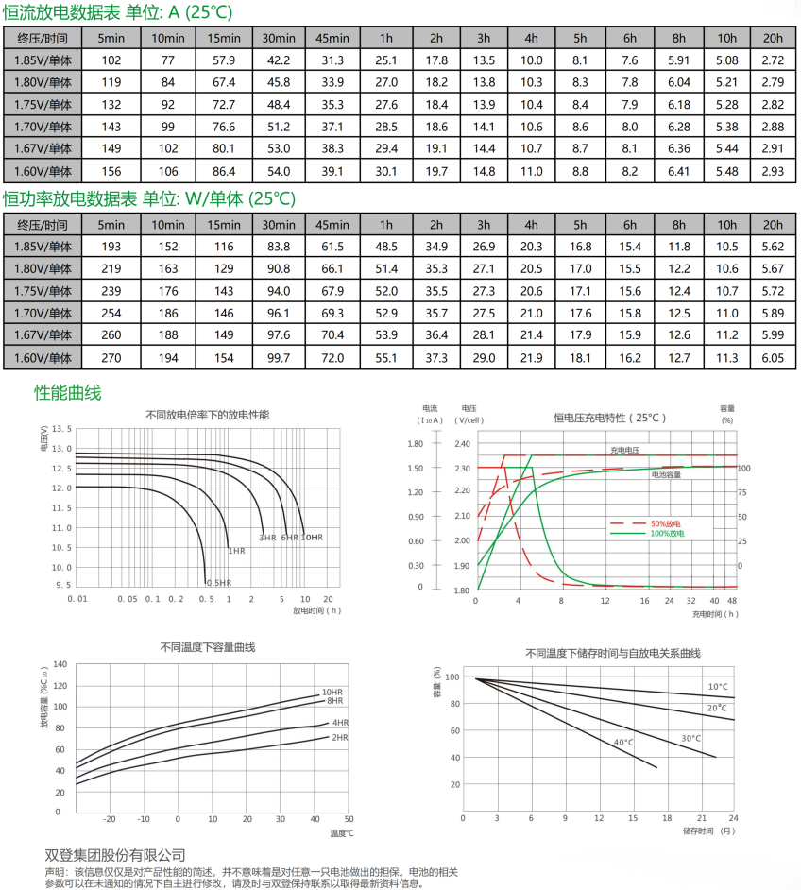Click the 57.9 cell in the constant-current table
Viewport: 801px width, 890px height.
[x=223, y=60]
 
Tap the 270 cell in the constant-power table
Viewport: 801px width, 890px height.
[x=111, y=357]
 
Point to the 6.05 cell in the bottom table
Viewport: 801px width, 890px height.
[x=773, y=357]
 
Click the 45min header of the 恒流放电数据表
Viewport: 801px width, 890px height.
[x=332, y=38]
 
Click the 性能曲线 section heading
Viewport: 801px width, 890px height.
[x=67, y=392]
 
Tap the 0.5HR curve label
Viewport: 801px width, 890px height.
[x=217, y=583]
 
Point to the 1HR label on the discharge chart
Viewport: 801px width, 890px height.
[x=236, y=551]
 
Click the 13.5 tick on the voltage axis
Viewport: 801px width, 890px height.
[x=61, y=428]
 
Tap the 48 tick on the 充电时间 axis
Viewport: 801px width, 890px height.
[x=733, y=600]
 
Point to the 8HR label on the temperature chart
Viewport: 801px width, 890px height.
[x=334, y=701]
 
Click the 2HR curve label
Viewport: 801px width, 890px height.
[x=340, y=737]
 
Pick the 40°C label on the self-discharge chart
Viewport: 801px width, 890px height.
[x=623, y=742]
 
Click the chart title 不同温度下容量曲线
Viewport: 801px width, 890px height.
[x=208, y=647]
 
